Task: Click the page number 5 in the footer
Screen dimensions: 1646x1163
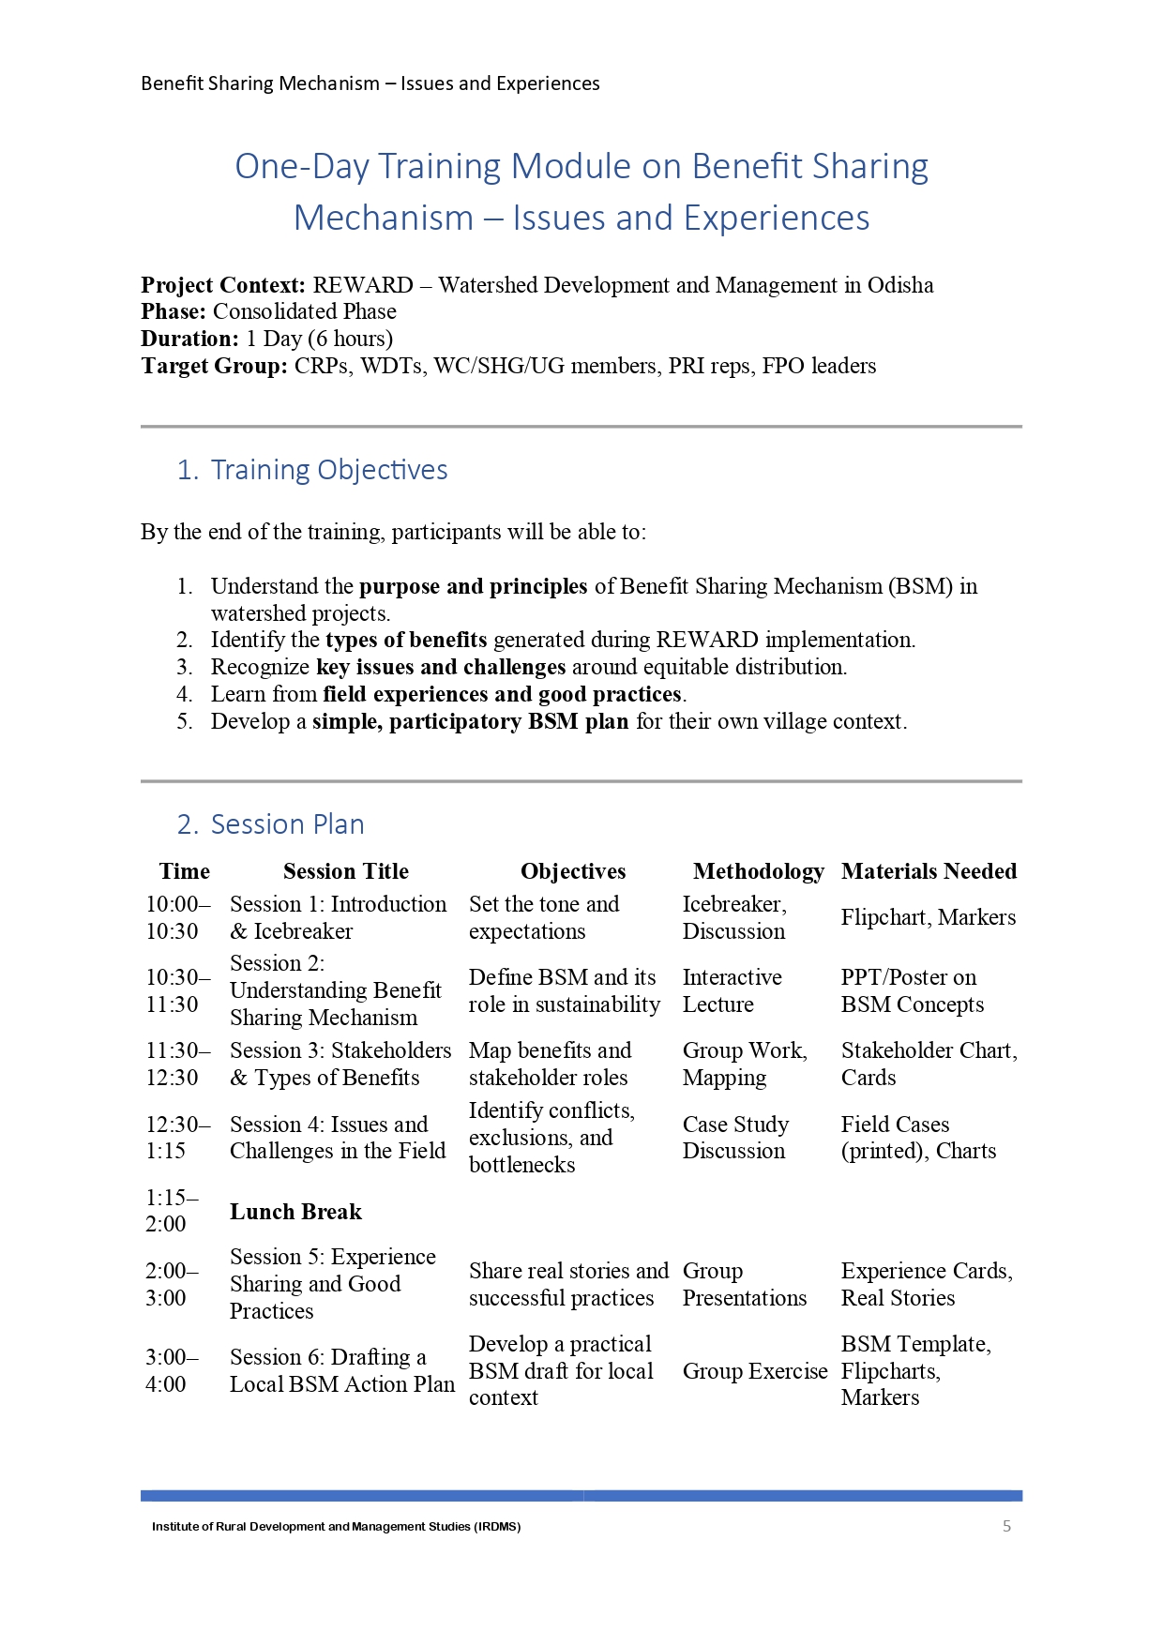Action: pos(1006,1526)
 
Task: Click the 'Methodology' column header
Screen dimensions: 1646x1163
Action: pos(758,871)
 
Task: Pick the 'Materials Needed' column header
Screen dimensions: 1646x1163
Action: pos(929,871)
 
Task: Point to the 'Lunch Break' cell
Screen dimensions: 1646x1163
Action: pos(295,1212)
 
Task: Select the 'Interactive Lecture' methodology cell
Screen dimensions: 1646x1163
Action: pos(732,990)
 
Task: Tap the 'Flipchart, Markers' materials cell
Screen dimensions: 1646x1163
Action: pos(928,917)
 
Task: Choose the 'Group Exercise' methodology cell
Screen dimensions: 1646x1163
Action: pos(754,1371)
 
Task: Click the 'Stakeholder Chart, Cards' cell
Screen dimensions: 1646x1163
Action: pos(929,1064)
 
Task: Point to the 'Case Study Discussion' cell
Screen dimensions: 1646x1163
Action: pos(735,1137)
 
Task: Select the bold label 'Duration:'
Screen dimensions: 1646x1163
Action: pos(190,339)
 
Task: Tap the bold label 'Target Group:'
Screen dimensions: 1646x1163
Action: pos(214,366)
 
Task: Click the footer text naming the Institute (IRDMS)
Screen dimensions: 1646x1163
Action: pos(336,1527)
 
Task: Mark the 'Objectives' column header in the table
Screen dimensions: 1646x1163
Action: pos(573,871)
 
